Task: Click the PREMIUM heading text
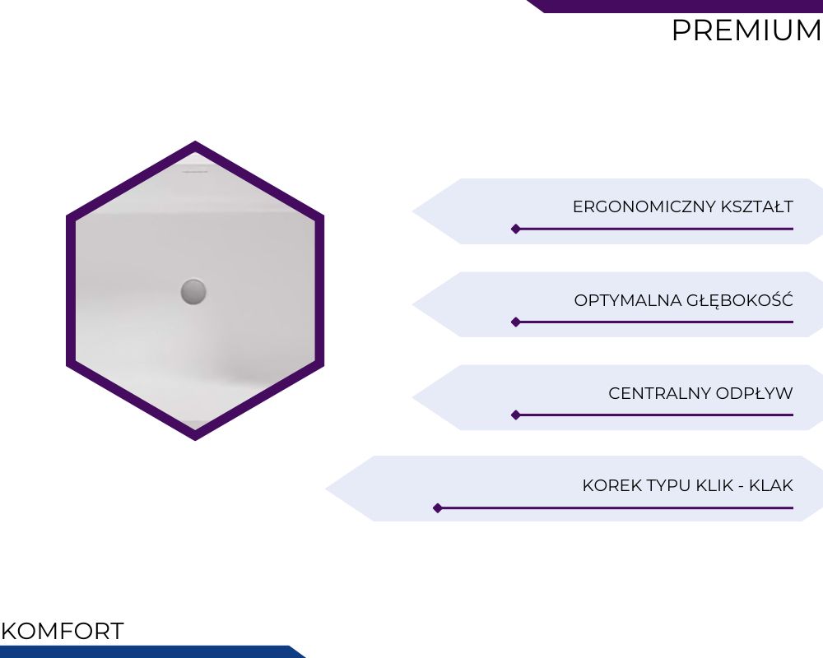pyautogui.click(x=746, y=30)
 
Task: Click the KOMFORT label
pyautogui.click(x=63, y=631)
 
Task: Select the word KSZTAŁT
pyautogui.click(x=757, y=206)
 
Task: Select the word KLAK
pyautogui.click(x=771, y=485)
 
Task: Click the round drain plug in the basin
pyautogui.click(x=193, y=292)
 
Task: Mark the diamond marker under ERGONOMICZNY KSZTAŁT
pyautogui.click(x=516, y=229)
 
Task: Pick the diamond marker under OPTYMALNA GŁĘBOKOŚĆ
pyautogui.click(x=516, y=322)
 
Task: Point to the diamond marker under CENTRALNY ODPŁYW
pyautogui.click(x=516, y=415)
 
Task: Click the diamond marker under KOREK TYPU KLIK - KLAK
pyautogui.click(x=438, y=508)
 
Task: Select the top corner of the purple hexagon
pyautogui.click(x=195, y=141)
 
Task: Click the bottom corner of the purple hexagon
pyautogui.click(x=195, y=440)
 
